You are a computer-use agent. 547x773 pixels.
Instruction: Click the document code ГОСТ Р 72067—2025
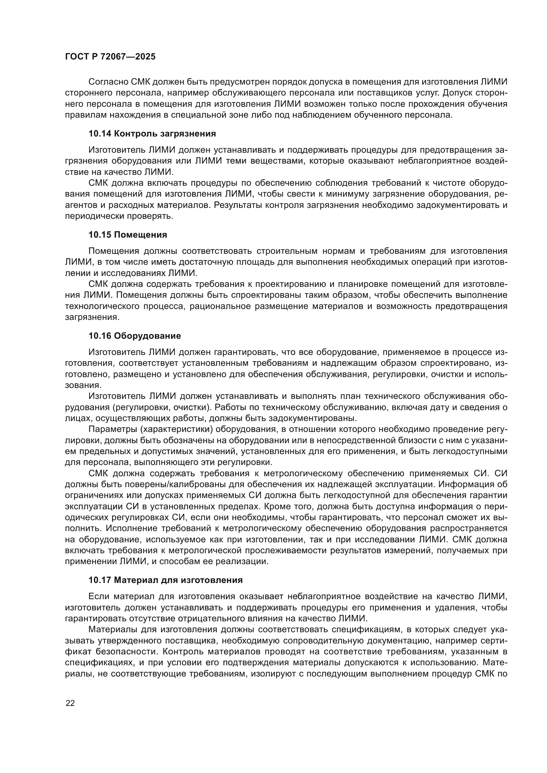110,57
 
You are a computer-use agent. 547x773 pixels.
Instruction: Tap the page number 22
70,703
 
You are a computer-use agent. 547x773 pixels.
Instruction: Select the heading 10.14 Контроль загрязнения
152,134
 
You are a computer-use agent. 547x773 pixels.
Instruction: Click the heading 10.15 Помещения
128,235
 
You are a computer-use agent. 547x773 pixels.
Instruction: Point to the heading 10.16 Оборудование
134,336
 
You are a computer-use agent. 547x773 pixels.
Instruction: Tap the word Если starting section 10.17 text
98,596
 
